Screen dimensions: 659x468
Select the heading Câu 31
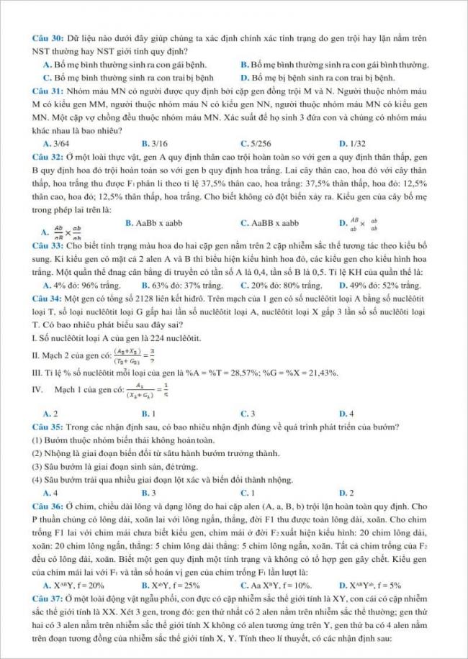coord(47,91)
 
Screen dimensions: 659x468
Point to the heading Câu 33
coord(47,245)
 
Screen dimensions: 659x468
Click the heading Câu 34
coord(47,297)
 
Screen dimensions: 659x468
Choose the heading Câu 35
coord(47,427)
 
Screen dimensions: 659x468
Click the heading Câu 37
coord(47,597)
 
